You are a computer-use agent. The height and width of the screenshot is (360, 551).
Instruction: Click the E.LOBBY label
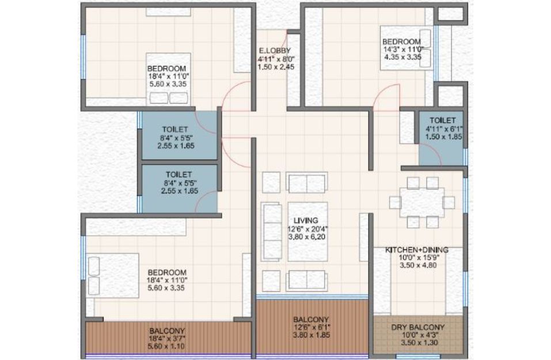click(275, 51)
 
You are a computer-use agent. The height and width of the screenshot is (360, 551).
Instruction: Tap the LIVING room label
click(306, 221)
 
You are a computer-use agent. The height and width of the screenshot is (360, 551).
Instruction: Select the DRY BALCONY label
click(418, 327)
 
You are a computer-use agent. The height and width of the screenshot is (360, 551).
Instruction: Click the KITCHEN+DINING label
click(417, 250)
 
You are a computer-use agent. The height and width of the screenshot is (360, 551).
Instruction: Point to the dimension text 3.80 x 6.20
click(307, 237)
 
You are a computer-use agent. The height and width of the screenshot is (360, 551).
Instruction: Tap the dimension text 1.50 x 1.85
click(443, 137)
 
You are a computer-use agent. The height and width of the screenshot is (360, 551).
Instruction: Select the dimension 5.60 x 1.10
click(166, 347)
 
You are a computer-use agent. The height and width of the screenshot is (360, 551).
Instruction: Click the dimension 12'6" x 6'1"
click(311, 327)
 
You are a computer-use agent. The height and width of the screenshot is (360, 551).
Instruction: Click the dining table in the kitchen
click(421, 203)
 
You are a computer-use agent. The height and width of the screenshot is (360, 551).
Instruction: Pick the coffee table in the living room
click(308, 232)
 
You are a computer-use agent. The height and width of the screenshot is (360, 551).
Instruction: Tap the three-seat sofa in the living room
click(272, 232)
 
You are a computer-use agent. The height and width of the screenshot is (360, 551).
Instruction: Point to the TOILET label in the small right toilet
click(443, 120)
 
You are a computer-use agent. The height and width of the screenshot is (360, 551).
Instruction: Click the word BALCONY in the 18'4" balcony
click(167, 331)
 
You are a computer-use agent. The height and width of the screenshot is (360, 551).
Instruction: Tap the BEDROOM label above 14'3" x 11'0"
click(401, 42)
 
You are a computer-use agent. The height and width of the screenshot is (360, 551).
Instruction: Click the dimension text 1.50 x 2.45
click(276, 67)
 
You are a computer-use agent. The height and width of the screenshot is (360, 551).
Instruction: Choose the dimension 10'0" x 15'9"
click(418, 257)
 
